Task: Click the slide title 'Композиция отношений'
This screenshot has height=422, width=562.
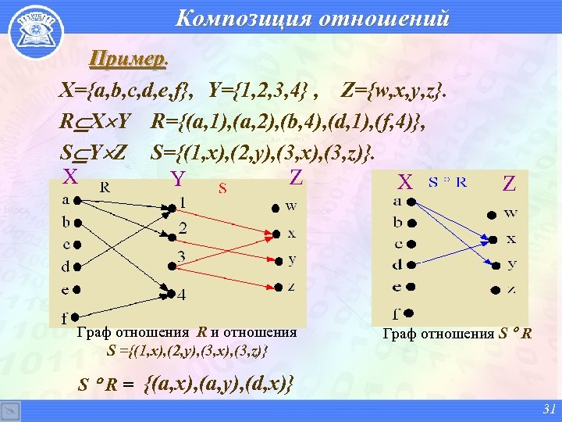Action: tap(312, 17)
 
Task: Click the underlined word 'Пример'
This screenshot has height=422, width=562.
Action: tap(127, 59)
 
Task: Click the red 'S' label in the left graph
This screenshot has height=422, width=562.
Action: tap(222, 188)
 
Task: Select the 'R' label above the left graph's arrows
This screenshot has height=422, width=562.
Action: tap(104, 187)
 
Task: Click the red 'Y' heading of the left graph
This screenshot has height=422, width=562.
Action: tap(178, 180)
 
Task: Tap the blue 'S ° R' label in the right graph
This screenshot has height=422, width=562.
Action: tap(447, 183)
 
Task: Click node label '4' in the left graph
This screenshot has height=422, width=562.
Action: tap(181, 296)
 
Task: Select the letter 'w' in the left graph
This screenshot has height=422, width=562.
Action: tap(291, 206)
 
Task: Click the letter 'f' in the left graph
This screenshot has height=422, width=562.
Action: tap(66, 319)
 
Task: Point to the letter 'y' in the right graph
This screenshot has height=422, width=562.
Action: tap(511, 263)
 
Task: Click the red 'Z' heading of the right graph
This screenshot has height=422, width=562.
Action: tap(509, 184)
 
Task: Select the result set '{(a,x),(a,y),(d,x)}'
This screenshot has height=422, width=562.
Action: tap(220, 384)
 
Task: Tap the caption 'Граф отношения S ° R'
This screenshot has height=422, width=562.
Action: tap(457, 334)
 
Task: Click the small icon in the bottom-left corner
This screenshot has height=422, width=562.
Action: tap(10, 411)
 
